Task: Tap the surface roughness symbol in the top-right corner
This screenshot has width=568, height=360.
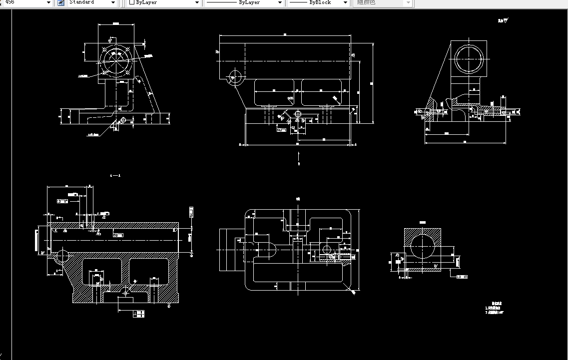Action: [x=503, y=21]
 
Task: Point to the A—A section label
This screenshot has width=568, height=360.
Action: [x=115, y=176]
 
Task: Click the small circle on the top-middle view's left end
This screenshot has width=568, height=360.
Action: [x=234, y=76]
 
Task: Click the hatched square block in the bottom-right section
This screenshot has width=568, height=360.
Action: [x=422, y=250]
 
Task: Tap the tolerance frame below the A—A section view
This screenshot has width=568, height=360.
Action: [x=139, y=314]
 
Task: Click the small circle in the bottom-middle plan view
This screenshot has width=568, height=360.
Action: [x=327, y=249]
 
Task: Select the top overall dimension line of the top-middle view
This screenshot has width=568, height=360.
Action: [x=285, y=35]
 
